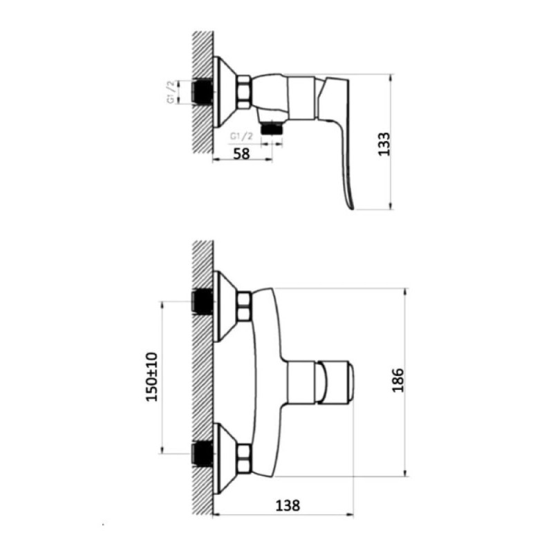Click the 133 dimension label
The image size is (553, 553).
point(384,144)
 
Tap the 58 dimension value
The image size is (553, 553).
point(241,153)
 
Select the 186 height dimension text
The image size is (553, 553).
point(398,380)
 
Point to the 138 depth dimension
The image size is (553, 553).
point(288,505)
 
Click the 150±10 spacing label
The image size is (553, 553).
point(152,377)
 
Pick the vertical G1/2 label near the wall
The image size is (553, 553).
point(171,92)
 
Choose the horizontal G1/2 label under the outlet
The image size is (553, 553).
point(241,136)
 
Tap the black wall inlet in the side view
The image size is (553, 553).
point(202,92)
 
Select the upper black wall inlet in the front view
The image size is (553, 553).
point(202,301)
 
